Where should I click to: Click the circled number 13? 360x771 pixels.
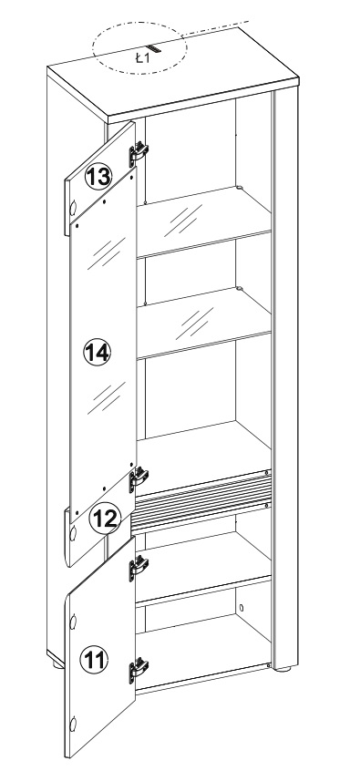click(x=98, y=176)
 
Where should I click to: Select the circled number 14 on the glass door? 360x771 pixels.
click(x=98, y=352)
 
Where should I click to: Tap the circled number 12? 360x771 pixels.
click(x=105, y=519)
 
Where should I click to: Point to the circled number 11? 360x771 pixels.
click(x=94, y=660)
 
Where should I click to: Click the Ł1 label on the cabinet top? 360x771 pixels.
click(x=142, y=58)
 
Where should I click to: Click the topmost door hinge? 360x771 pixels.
click(x=139, y=153)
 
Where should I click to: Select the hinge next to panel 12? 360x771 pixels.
click(x=139, y=479)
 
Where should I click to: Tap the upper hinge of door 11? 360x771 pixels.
click(x=139, y=568)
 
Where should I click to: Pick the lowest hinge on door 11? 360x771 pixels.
click(x=139, y=670)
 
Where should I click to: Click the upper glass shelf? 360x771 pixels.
click(x=203, y=221)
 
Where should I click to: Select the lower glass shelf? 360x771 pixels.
click(x=203, y=322)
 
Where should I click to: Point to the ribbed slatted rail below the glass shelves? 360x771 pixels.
click(x=201, y=500)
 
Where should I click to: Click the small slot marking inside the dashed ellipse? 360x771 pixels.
click(x=154, y=49)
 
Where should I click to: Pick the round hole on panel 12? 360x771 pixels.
click(x=74, y=533)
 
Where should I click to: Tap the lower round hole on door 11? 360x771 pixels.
click(x=74, y=724)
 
